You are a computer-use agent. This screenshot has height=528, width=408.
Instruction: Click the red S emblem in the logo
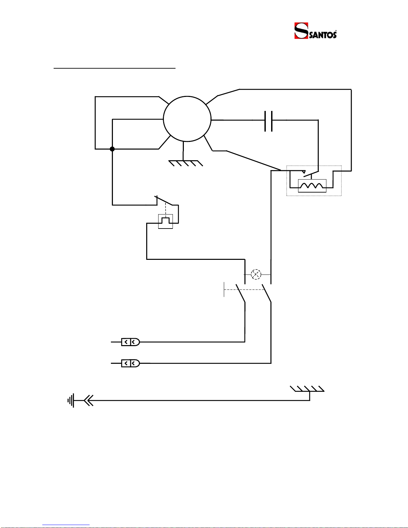click(301, 31)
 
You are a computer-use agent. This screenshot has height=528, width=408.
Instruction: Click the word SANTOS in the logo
click(323, 35)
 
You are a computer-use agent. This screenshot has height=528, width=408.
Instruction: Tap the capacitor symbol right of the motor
click(268, 121)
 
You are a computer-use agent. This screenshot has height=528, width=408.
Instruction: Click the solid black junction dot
click(112, 149)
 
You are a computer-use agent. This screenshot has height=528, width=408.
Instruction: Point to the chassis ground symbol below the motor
click(186, 163)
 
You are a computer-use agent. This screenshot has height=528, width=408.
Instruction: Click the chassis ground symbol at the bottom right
click(307, 389)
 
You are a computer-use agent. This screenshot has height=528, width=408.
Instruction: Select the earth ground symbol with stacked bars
click(71, 400)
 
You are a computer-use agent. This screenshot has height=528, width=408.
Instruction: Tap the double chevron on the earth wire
click(89, 400)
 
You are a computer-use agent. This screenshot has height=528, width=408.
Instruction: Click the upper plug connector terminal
click(131, 342)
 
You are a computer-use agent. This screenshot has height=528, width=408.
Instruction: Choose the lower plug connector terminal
click(131, 363)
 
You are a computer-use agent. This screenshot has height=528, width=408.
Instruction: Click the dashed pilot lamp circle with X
click(256, 274)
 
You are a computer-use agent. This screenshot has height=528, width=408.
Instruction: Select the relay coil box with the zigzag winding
click(312, 186)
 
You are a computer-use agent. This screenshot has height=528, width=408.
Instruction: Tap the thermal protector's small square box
click(166, 221)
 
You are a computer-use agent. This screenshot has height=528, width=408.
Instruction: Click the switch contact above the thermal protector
click(164, 200)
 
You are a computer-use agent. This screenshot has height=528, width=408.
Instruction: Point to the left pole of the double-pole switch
click(240, 293)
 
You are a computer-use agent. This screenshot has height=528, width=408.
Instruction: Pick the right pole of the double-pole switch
click(266, 293)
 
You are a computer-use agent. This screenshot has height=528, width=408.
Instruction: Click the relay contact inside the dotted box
click(311, 174)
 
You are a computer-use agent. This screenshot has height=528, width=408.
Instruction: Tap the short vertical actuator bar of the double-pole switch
click(224, 289)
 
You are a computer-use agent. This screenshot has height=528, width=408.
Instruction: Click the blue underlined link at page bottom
click(66, 525)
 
